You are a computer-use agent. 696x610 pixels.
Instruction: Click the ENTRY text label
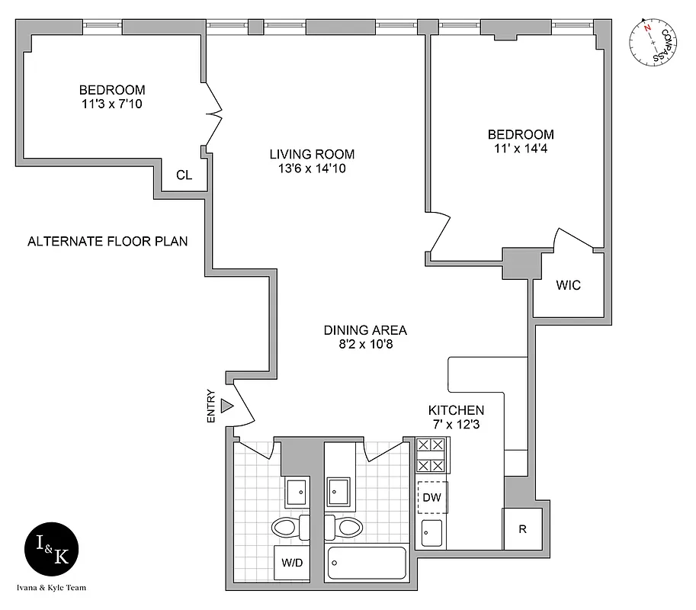tap(211, 409)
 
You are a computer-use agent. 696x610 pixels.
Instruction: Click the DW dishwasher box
tap(432, 498)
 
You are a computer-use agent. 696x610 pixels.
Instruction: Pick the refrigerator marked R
tap(522, 528)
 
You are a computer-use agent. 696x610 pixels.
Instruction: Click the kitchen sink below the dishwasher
tap(432, 532)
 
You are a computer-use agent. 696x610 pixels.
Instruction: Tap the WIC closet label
tap(568, 285)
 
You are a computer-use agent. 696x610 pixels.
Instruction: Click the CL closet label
tap(184, 175)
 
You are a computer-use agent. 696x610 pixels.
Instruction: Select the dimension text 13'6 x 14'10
tap(311, 169)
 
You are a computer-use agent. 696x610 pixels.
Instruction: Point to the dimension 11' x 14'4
tap(521, 149)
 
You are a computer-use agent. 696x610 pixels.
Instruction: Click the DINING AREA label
tap(365, 330)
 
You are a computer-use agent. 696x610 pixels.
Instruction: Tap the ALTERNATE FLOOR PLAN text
tap(107, 242)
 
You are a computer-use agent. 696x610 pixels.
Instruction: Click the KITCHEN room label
tap(456, 409)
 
